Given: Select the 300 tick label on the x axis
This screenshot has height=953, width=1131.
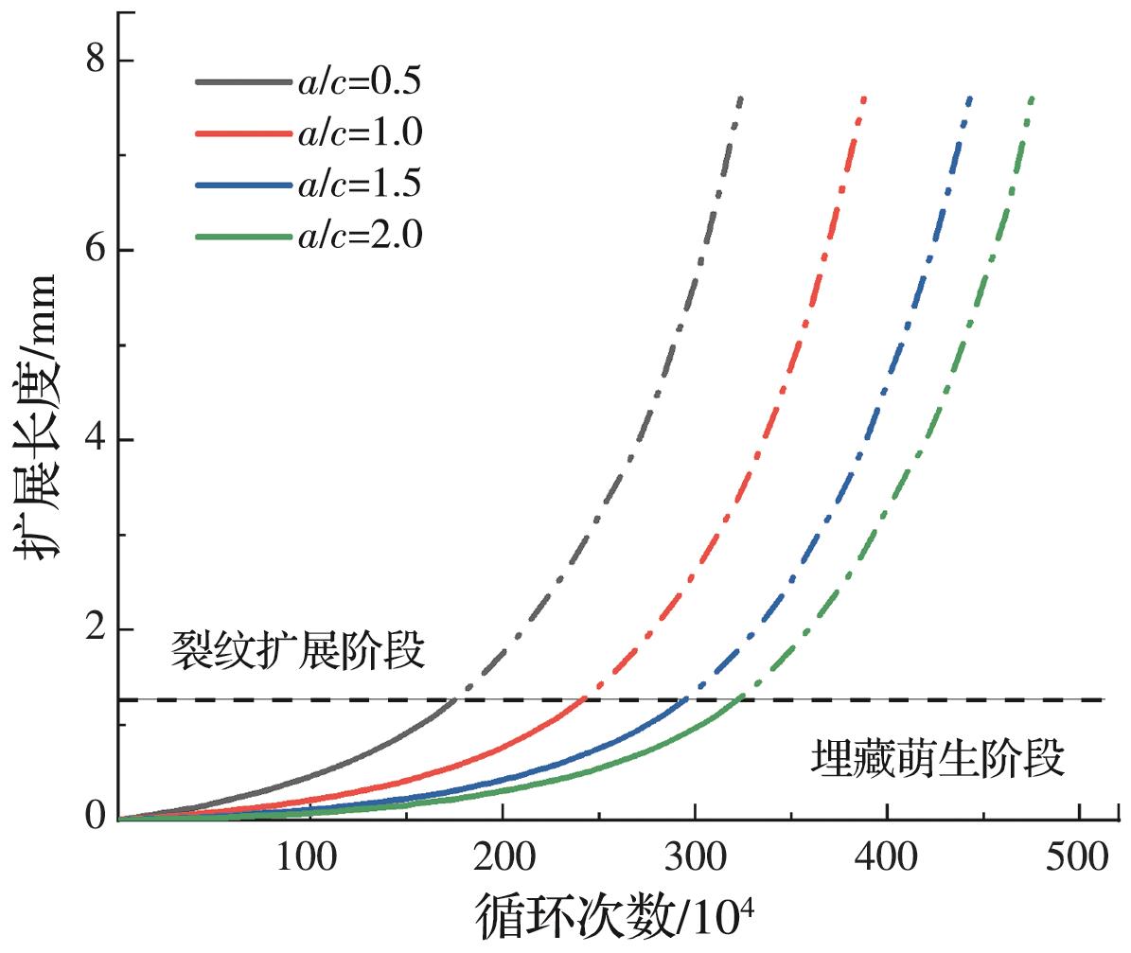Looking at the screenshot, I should pos(695,859).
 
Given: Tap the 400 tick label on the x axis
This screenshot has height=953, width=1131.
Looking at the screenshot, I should pos(887,859).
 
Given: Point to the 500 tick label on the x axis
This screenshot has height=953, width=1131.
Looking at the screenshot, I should pos(1079,859).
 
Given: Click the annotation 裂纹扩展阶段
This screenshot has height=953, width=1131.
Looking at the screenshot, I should pos(296,652).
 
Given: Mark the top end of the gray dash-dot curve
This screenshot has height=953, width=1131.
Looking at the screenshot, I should pos(740,97).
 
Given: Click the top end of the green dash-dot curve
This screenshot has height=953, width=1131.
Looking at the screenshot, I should pos(1032,97).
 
